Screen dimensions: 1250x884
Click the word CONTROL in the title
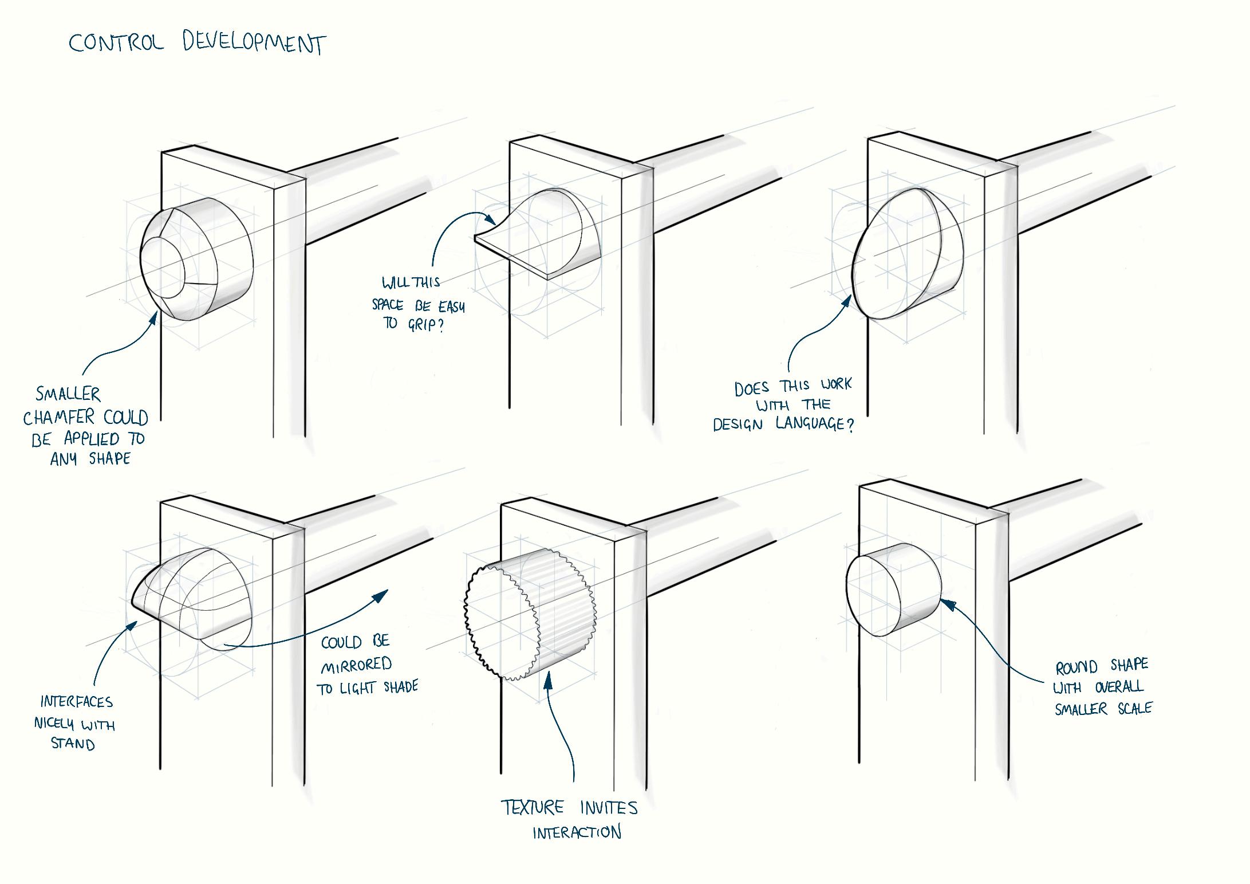click(116, 42)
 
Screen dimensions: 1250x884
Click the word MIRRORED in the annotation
click(356, 665)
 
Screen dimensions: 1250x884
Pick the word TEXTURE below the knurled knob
click(533, 808)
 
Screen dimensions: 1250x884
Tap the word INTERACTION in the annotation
click(577, 832)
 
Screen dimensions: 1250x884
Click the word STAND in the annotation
click(73, 743)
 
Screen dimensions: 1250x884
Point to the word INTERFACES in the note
click(76, 702)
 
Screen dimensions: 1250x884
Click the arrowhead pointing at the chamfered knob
click(153, 317)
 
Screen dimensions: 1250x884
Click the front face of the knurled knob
click(502, 623)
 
